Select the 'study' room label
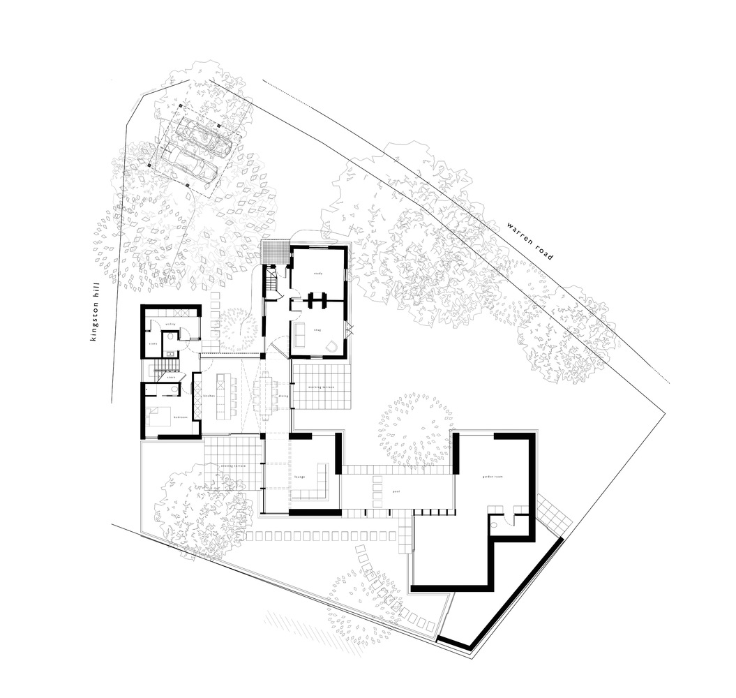pyautogui.click(x=317, y=274)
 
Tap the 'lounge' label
pyautogui.click(x=300, y=477)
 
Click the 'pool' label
pyautogui.click(x=396, y=491)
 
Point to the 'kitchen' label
pyautogui.click(x=206, y=396)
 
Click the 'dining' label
pyautogui.click(x=283, y=396)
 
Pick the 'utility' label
pyautogui.click(x=170, y=325)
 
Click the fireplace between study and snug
pyautogui.click(x=318, y=299)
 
